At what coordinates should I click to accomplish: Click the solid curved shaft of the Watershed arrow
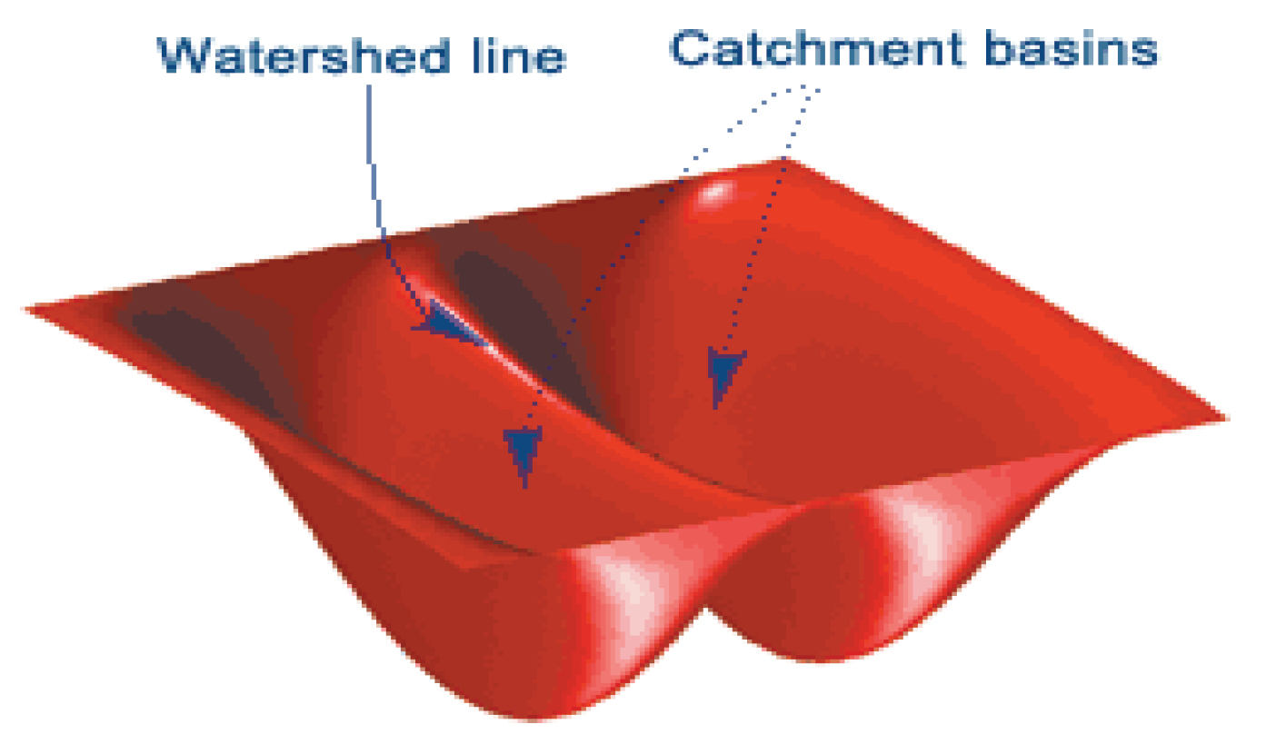point(374,182)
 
